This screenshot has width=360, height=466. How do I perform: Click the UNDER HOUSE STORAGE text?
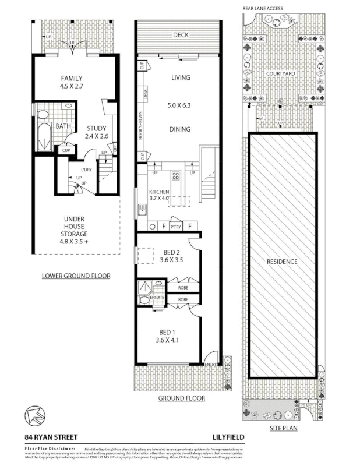(x=75, y=229)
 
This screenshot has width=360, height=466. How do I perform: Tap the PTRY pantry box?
(x=176, y=227)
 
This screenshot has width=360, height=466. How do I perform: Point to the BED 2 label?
(x=171, y=256)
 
